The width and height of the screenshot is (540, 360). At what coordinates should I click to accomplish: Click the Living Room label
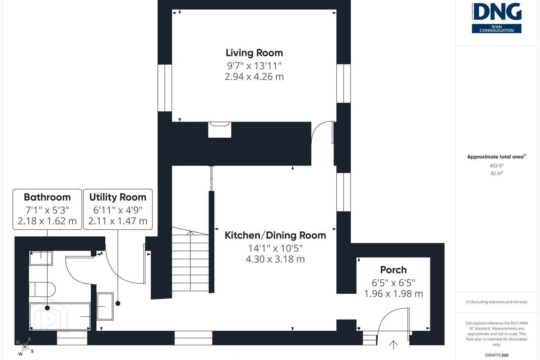point(254,53)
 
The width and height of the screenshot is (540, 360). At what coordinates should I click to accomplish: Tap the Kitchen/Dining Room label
point(275,235)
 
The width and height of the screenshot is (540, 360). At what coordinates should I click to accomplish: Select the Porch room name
point(393,270)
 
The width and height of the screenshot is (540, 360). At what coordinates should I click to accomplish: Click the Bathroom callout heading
point(47,197)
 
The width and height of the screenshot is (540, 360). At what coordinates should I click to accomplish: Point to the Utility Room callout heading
point(118,197)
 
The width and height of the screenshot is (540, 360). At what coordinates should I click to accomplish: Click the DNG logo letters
point(496,12)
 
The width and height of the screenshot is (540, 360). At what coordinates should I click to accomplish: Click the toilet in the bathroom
point(42,289)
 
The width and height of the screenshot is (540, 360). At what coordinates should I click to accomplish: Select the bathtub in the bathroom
point(60,316)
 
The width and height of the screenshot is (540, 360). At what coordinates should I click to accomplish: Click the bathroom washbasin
point(41,258)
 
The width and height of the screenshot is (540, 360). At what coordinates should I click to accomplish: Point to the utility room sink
point(105,306)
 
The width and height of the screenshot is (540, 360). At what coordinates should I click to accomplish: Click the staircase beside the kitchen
point(190,259)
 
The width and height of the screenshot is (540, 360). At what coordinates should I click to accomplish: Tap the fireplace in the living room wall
point(220,130)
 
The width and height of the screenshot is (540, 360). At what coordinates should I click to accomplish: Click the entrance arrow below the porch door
point(393,345)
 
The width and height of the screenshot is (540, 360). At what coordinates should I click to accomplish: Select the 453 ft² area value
point(496,166)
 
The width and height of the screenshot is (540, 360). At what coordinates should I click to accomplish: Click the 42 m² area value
point(496,173)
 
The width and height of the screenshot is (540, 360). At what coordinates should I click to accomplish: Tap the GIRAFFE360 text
point(496,355)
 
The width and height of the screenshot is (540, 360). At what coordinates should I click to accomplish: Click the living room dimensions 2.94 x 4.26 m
point(254,76)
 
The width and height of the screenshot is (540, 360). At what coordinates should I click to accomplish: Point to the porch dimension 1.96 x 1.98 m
point(393,294)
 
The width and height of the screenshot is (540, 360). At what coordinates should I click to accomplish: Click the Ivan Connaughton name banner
point(496,28)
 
